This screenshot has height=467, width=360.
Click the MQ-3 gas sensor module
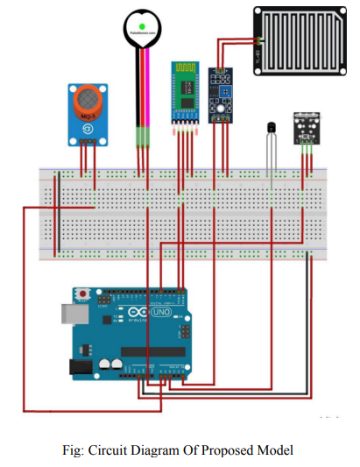pyautogui.click(x=88, y=114)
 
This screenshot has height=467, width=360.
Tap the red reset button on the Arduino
pyautogui.click(x=84, y=294)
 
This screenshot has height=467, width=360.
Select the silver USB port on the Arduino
pyautogui.click(x=68, y=315)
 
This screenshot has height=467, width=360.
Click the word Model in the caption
pyautogui.click(x=276, y=449)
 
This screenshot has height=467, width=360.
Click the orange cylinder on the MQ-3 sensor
pyautogui.click(x=88, y=97)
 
